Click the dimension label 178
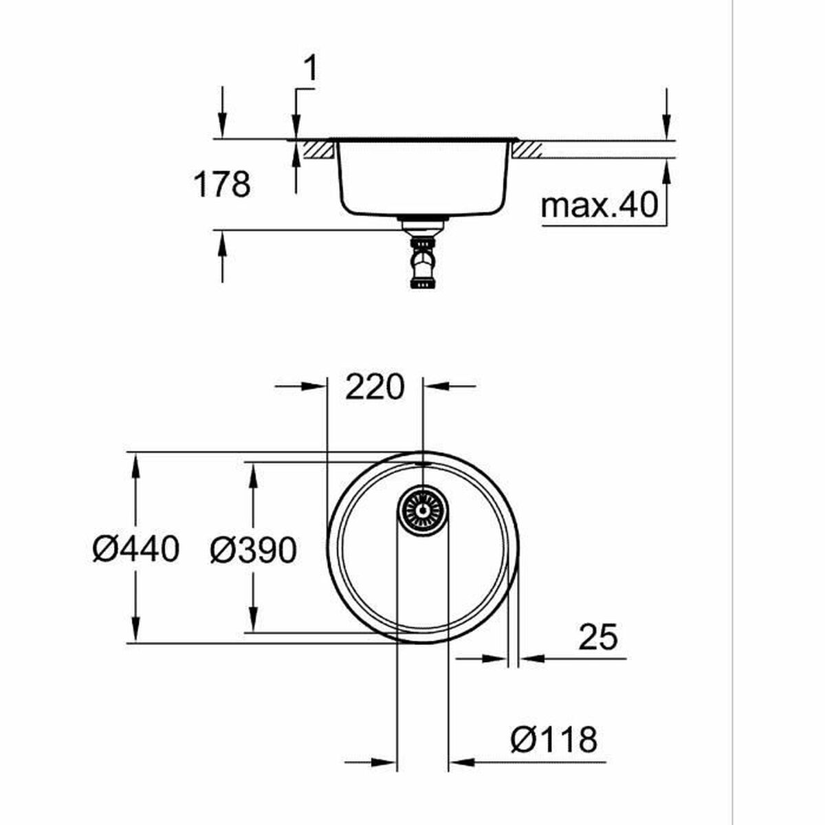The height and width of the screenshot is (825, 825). pos(222,185)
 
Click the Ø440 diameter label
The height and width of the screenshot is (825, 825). pos(136,549)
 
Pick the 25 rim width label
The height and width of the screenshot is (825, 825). pos(597,637)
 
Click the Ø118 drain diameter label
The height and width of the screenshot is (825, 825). pos(553,740)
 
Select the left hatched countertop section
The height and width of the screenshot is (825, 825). pos(318,149)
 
